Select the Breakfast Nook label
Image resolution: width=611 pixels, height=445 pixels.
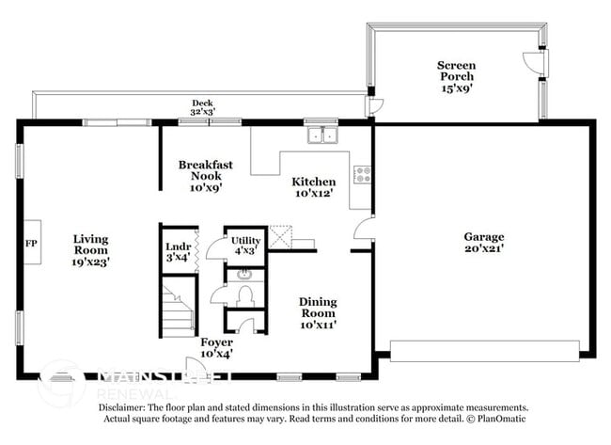(x=206, y=175)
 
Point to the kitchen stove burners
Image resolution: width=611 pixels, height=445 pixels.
(x=362, y=173)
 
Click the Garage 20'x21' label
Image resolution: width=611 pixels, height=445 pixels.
(x=484, y=243)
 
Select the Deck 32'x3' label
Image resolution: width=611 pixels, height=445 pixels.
(x=202, y=108)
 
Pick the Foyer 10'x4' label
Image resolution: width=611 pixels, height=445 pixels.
(x=216, y=347)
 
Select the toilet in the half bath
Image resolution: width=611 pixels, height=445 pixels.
(x=247, y=296)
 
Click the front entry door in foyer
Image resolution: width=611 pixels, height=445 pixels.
(x=197, y=368)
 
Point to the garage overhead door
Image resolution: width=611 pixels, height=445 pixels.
(x=484, y=351)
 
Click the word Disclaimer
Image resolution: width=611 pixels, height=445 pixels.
(x=123, y=408)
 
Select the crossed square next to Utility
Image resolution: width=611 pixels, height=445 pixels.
(x=279, y=236)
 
